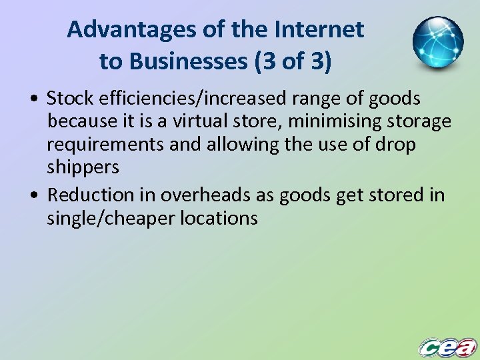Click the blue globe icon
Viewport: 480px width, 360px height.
coord(437,43)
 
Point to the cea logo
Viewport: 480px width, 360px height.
coord(447,347)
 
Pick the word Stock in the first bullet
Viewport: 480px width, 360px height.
coord(71,99)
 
